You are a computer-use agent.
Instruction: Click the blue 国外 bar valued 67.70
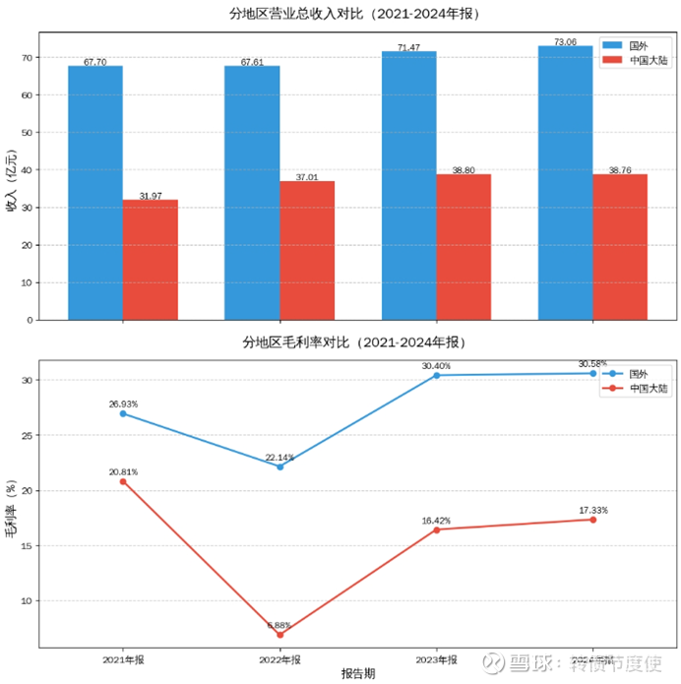[x=95, y=192]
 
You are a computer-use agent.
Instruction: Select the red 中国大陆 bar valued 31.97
[x=151, y=260]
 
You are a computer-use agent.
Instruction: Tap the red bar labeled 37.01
[x=307, y=250]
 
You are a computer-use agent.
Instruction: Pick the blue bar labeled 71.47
[x=408, y=185]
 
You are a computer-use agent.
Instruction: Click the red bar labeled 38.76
[x=620, y=247]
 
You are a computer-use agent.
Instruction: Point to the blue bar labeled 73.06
[x=565, y=182]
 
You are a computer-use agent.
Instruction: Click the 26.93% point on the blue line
[x=123, y=413]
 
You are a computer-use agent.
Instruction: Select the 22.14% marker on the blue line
[x=279, y=466]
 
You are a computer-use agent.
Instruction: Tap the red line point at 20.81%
[x=123, y=481]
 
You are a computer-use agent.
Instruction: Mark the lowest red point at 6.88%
[x=279, y=635]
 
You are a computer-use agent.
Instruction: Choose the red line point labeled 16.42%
[x=436, y=529]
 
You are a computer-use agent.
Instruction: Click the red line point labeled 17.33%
[x=593, y=520]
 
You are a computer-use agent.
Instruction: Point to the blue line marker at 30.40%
[x=436, y=375]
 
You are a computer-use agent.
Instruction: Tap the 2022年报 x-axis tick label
[x=279, y=659]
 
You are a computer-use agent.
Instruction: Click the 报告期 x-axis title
[x=357, y=674]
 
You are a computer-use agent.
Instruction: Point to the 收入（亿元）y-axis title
[x=12, y=180]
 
